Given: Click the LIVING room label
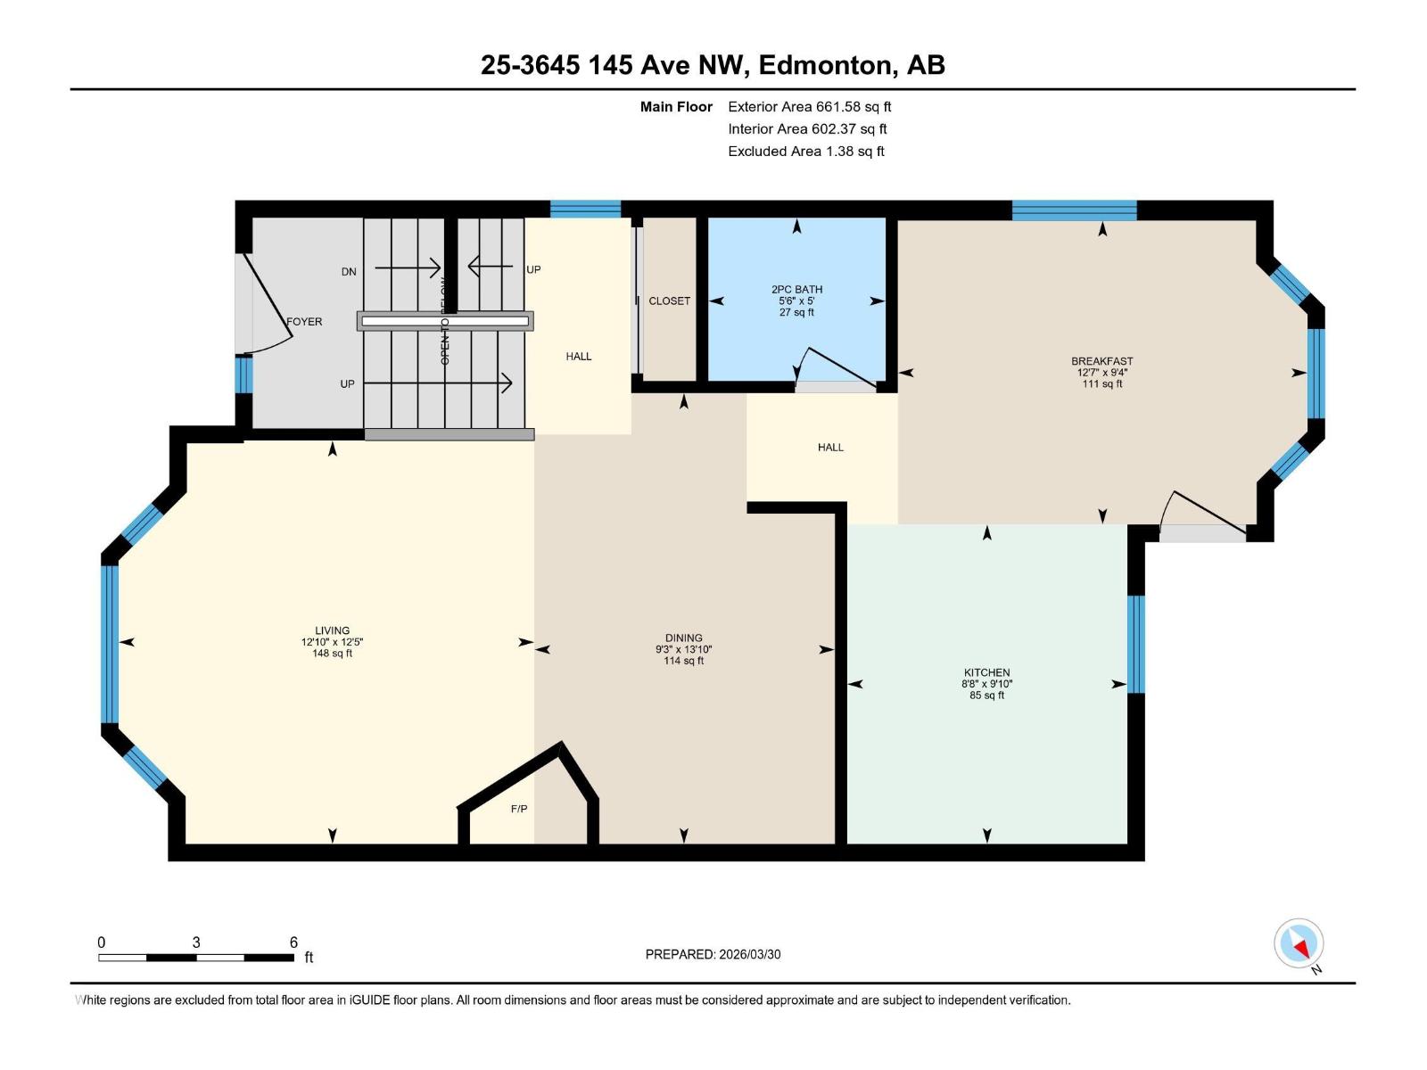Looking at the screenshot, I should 332,630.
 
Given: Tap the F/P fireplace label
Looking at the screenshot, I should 518,809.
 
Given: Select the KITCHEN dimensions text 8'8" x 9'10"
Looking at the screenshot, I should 986,684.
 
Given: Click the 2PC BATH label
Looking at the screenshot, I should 796,289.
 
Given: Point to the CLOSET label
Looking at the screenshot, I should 669,301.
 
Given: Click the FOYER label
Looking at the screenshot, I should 304,322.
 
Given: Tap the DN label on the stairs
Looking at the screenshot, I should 349,272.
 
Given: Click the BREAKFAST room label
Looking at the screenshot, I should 1101,361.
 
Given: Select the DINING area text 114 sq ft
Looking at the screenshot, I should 683,661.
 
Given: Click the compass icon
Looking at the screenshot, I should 1299,943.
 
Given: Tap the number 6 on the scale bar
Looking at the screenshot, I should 293,942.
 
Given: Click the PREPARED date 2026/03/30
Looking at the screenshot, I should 749,954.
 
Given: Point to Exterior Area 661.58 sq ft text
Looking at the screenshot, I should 809,107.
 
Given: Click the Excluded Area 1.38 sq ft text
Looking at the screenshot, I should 805,152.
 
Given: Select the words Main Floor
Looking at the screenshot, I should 676,107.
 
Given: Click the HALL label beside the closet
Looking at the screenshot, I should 578,357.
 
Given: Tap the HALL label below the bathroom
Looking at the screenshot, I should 829,448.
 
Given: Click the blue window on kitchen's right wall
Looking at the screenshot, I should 1135,644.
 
